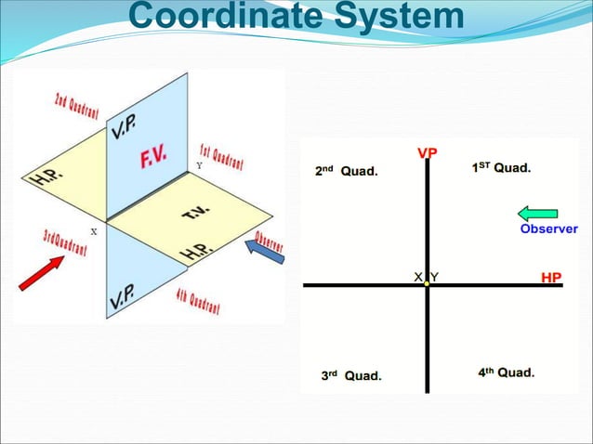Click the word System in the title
tap(397, 17)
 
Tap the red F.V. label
tap(153, 159)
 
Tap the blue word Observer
tap(548, 229)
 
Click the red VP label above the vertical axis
tap(428, 153)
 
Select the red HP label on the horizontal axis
tap(551, 277)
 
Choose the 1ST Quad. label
tap(501, 168)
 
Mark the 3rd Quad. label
tap(351, 375)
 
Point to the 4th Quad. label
tap(506, 372)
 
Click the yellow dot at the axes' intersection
tap(427, 284)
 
